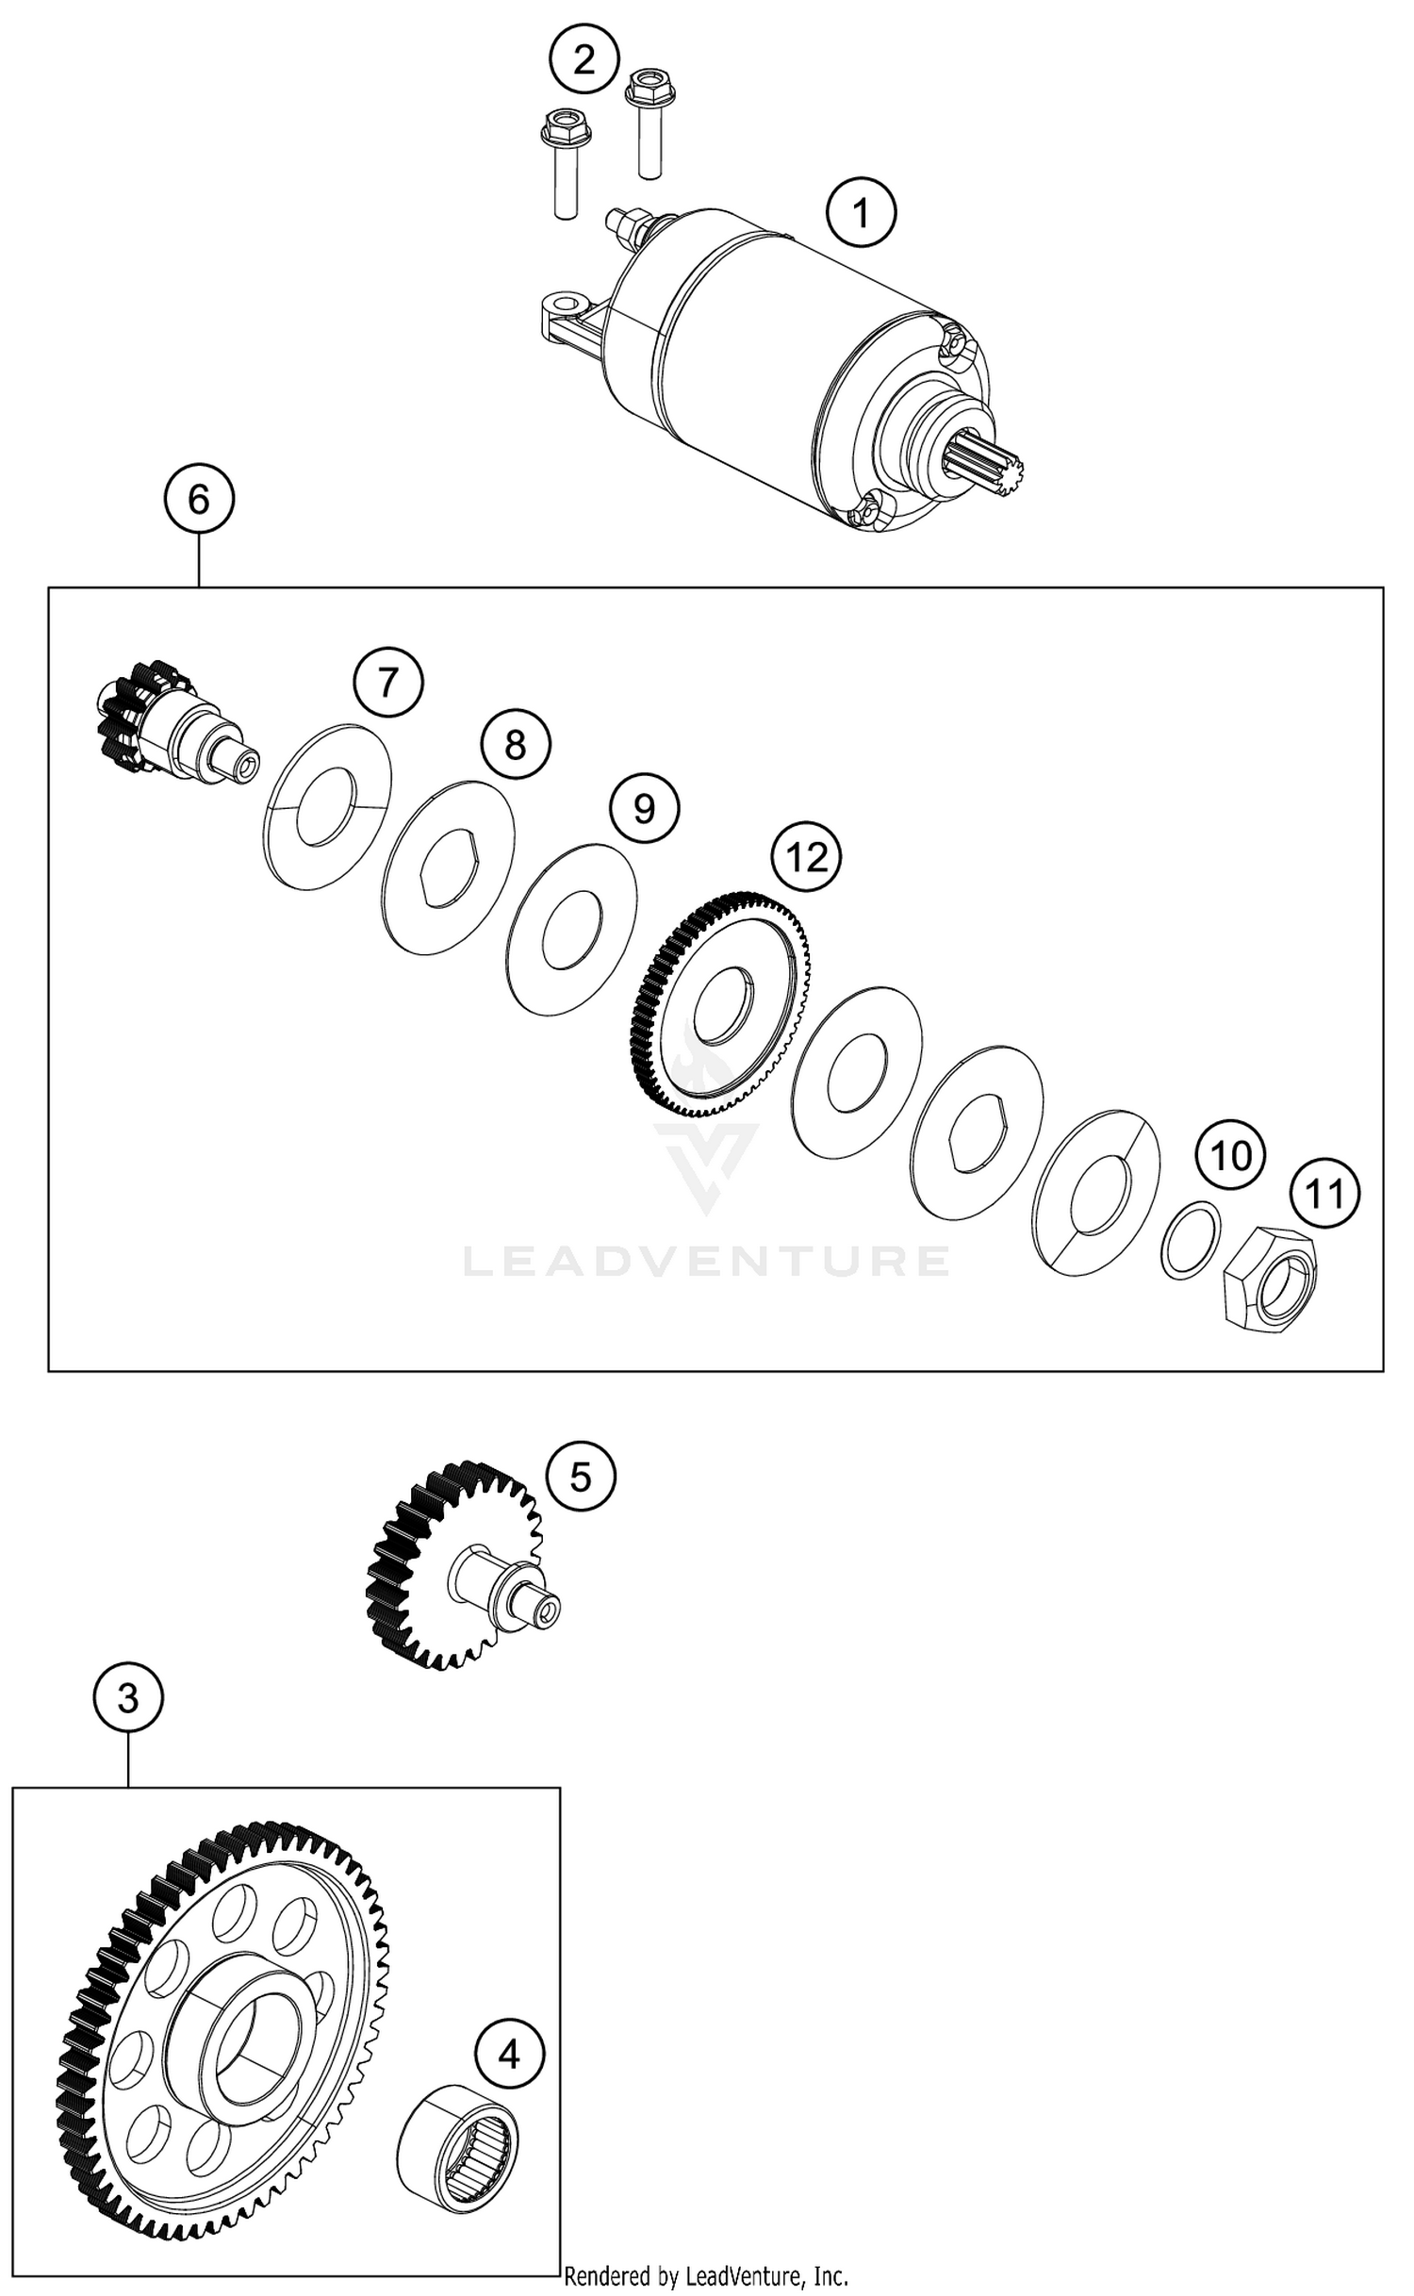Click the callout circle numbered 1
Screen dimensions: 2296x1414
point(861,214)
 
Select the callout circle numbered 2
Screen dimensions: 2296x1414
point(584,60)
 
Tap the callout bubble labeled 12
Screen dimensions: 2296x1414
point(806,857)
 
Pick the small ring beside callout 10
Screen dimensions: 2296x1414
point(1190,1241)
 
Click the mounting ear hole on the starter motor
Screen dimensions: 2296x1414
point(565,306)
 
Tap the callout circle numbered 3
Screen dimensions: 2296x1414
point(128,1698)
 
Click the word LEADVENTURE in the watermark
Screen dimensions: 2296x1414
point(706,1261)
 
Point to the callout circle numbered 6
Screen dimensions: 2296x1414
point(199,499)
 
